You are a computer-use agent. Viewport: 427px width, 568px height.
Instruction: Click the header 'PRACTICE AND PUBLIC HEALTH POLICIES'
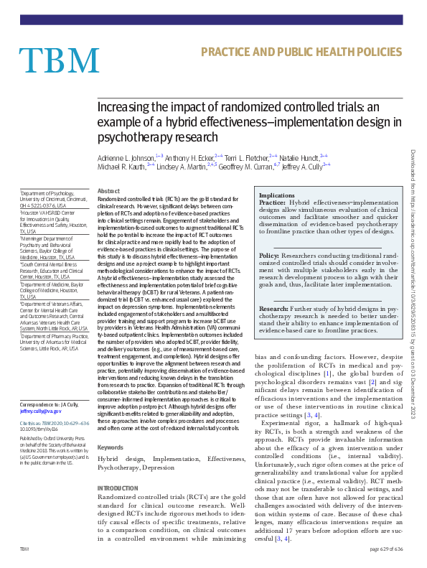coord(300,52)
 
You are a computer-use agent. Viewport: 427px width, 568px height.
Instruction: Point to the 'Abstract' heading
coord(108,191)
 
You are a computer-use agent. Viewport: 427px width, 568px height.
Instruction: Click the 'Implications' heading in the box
coord(276,195)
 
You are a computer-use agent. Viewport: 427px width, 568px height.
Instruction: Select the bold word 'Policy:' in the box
coord(269,255)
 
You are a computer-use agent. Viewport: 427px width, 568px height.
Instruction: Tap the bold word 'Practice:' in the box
coord(273,203)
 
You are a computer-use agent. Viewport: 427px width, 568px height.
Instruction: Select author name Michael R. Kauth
coord(121,166)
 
